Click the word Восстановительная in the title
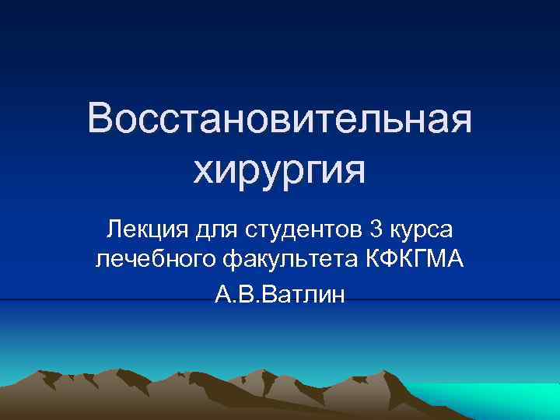[x=279, y=121]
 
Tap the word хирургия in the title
[x=279, y=169]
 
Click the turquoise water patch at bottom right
[x=498, y=401]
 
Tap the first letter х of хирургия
[x=203, y=169]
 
